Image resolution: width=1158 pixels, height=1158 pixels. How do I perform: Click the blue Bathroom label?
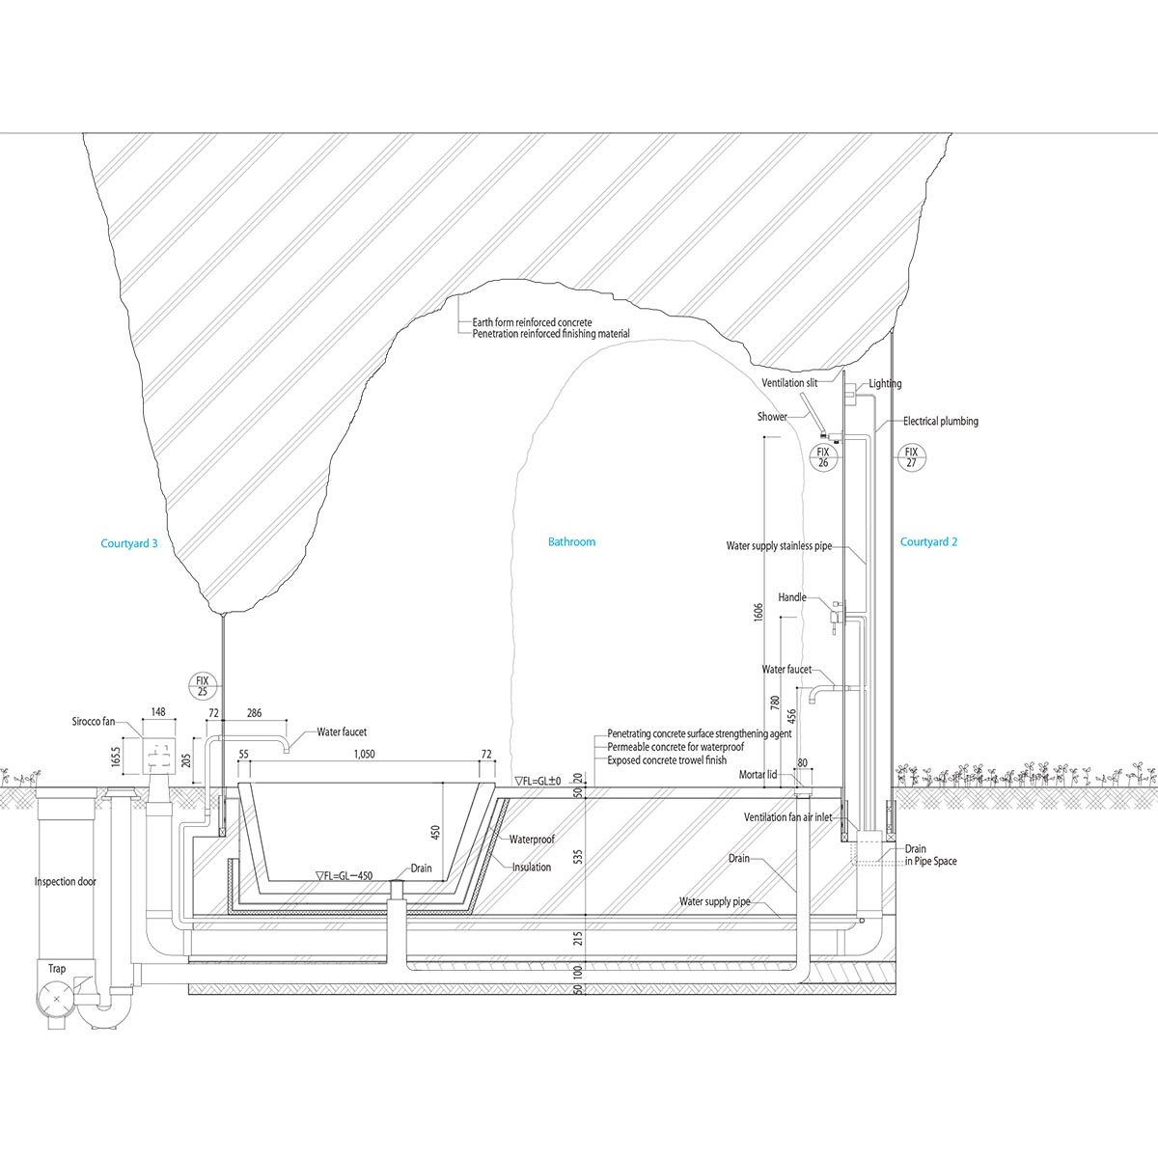tap(571, 542)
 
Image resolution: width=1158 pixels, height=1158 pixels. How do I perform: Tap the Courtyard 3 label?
tap(129, 544)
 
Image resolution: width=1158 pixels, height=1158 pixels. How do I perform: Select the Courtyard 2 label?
tap(928, 542)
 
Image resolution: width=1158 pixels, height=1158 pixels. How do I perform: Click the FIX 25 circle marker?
tap(203, 686)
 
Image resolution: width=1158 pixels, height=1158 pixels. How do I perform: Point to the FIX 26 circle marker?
tap(823, 457)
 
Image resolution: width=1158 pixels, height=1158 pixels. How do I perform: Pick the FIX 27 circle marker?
tap(911, 457)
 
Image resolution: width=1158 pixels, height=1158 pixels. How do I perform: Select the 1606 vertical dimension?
tap(758, 612)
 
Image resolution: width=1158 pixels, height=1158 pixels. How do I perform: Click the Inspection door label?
tap(66, 882)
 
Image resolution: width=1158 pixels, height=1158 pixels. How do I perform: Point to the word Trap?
tap(58, 968)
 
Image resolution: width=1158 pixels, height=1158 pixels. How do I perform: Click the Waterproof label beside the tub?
tap(532, 841)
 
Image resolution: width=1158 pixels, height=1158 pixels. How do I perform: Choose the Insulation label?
tap(532, 868)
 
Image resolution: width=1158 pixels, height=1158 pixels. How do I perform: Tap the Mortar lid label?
tap(758, 775)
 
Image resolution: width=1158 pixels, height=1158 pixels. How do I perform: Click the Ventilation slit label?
tap(789, 383)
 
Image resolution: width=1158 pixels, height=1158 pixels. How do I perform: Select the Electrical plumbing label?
tap(941, 422)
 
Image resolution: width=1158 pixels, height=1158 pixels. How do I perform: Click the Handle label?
tap(791, 598)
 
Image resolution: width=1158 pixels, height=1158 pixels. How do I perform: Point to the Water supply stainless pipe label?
tap(779, 547)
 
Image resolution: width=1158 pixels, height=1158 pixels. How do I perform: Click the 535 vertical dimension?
tap(578, 855)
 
